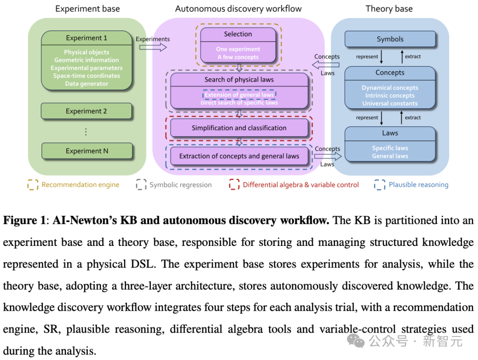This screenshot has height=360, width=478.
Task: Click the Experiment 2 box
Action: point(86,111)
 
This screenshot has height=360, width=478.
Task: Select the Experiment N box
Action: point(87,151)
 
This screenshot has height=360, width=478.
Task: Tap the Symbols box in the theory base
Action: point(390,39)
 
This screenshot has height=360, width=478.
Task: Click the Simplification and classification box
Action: point(239,128)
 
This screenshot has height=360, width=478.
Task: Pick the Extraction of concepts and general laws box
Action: point(239,156)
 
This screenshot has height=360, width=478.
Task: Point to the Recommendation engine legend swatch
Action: point(33,185)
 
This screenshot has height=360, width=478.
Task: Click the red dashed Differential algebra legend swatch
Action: point(234,185)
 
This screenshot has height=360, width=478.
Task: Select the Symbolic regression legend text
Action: point(181,185)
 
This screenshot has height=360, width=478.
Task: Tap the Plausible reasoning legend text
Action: point(418,185)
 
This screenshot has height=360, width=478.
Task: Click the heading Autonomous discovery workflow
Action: point(238,9)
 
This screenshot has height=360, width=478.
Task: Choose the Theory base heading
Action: point(389,9)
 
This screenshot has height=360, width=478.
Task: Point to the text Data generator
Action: point(87,84)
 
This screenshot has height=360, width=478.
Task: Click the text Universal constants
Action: point(390,103)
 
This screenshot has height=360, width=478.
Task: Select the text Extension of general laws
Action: point(239,95)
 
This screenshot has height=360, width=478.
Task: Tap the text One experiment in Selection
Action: point(238,49)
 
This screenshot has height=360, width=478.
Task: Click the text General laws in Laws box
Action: point(390,156)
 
